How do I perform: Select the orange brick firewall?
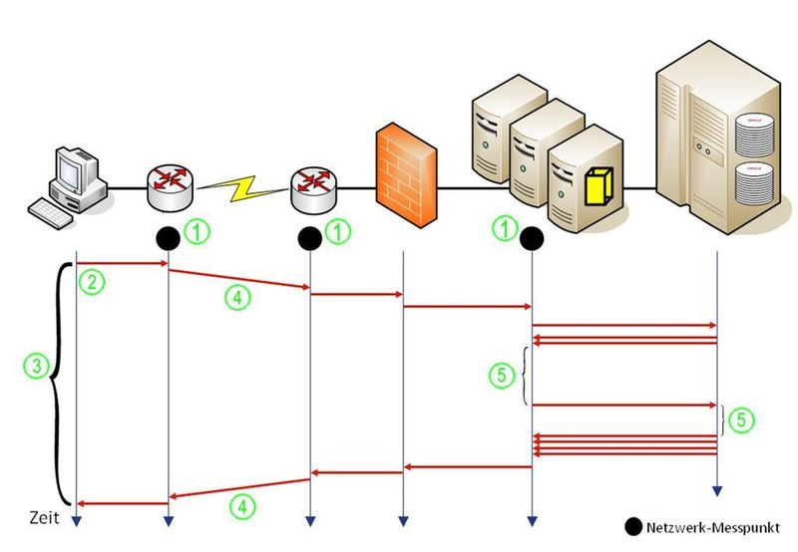406,173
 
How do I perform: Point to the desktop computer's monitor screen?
74,164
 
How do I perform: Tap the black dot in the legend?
630,526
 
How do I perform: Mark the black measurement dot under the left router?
169,238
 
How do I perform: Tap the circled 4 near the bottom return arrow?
239,505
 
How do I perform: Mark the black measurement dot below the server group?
531,238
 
